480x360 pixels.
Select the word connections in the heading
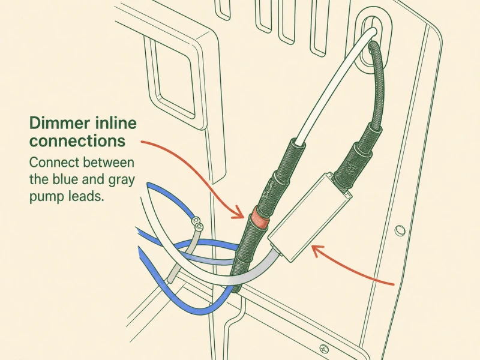[77, 141]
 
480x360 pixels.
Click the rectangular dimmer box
[310, 217]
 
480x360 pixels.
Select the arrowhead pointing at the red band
[238, 213]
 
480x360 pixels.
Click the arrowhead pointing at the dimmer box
[317, 250]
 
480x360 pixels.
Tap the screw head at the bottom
[324, 349]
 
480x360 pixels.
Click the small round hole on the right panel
[400, 230]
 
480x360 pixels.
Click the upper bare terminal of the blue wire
[196, 220]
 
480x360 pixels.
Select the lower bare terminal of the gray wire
[199, 227]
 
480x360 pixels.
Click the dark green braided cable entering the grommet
[378, 83]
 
